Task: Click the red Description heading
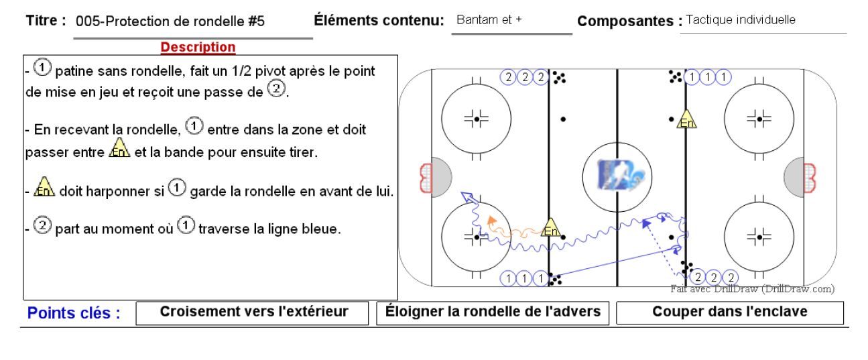(x=198, y=47)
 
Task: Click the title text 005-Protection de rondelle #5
(x=170, y=21)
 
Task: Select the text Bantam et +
(x=489, y=19)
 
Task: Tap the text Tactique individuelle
(x=741, y=19)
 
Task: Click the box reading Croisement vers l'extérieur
(x=252, y=313)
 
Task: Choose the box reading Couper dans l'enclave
(x=730, y=312)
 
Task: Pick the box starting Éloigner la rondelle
(x=493, y=313)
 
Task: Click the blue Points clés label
(x=74, y=312)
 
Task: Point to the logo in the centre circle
(x=621, y=176)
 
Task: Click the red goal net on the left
(x=426, y=178)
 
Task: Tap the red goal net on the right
(x=810, y=178)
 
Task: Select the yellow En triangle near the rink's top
(x=686, y=119)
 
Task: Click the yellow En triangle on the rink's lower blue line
(x=551, y=227)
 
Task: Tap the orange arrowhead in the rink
(x=491, y=220)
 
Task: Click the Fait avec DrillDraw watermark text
(x=753, y=289)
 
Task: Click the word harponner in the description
(x=111, y=192)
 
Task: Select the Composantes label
(x=629, y=21)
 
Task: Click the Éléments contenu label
(x=379, y=20)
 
